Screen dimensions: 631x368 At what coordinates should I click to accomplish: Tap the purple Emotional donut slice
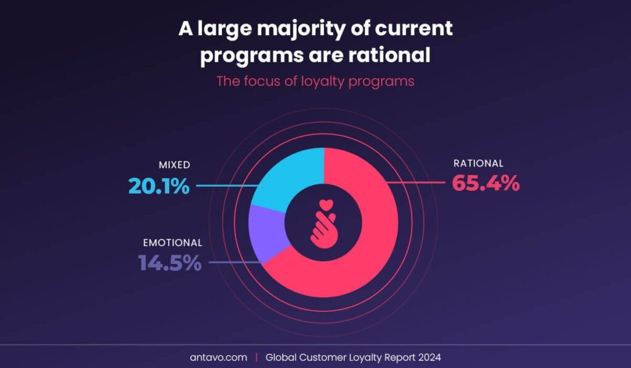pyautogui.click(x=266, y=234)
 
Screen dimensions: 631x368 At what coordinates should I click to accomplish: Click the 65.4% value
pyautogui.click(x=486, y=183)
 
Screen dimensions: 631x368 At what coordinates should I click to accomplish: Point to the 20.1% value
pyautogui.click(x=159, y=186)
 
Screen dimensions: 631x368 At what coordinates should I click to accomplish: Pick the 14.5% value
pyautogui.click(x=170, y=263)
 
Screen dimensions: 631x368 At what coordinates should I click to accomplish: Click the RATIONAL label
pyautogui.click(x=478, y=163)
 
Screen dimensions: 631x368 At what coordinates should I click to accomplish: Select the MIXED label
pyautogui.click(x=174, y=165)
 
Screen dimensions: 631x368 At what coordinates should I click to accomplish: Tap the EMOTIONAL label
pyautogui.click(x=173, y=243)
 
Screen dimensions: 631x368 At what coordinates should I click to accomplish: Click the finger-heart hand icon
pyautogui.click(x=323, y=224)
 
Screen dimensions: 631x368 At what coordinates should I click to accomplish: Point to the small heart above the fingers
pyautogui.click(x=327, y=205)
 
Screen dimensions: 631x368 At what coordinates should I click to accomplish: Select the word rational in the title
pyautogui.click(x=389, y=55)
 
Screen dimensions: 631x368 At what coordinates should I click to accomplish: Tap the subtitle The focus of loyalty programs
pyautogui.click(x=315, y=81)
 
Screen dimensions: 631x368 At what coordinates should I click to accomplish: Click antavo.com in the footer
pyautogui.click(x=219, y=357)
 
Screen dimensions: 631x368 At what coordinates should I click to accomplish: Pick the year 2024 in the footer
pyautogui.click(x=429, y=357)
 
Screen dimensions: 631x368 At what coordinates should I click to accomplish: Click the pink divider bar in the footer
pyautogui.click(x=257, y=357)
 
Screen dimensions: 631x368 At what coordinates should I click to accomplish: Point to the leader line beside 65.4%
pyautogui.click(x=416, y=183)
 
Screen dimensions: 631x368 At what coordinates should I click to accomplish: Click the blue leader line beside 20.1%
pyautogui.click(x=227, y=186)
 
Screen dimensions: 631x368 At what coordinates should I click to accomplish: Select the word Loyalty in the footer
pyautogui.click(x=365, y=358)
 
